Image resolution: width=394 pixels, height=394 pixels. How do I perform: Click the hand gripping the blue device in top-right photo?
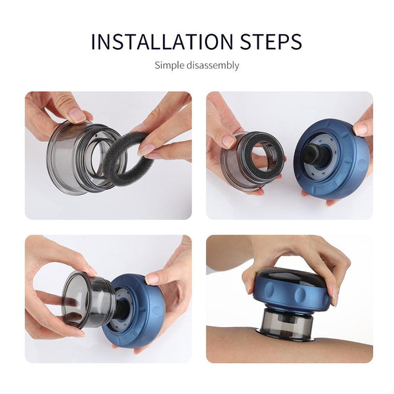pyautogui.click(x=364, y=128)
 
